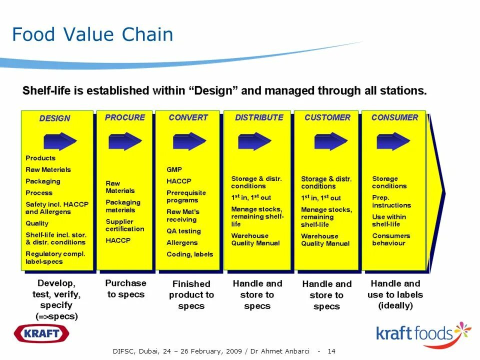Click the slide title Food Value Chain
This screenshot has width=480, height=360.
(x=92, y=35)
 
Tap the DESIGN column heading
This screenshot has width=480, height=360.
(x=54, y=118)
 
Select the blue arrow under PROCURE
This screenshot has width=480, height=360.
(x=124, y=141)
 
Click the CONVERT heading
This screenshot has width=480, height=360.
(x=188, y=117)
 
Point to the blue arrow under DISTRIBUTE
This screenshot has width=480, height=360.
(x=254, y=141)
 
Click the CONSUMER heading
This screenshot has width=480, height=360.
(x=394, y=117)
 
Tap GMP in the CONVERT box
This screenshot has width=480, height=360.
(x=174, y=169)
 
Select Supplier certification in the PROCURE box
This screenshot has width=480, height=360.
(x=124, y=225)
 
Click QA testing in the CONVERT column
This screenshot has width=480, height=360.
(x=183, y=231)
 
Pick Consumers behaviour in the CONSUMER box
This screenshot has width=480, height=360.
(x=391, y=239)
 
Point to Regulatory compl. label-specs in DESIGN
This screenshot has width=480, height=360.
(x=55, y=257)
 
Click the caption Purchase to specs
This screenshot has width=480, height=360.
(x=125, y=288)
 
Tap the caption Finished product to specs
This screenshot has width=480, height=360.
(x=191, y=295)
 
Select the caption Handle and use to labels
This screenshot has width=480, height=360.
(x=395, y=295)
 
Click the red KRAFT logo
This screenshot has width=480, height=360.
(x=41, y=333)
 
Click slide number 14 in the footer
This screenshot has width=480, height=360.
(x=331, y=351)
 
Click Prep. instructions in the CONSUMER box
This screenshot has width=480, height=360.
(x=391, y=201)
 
